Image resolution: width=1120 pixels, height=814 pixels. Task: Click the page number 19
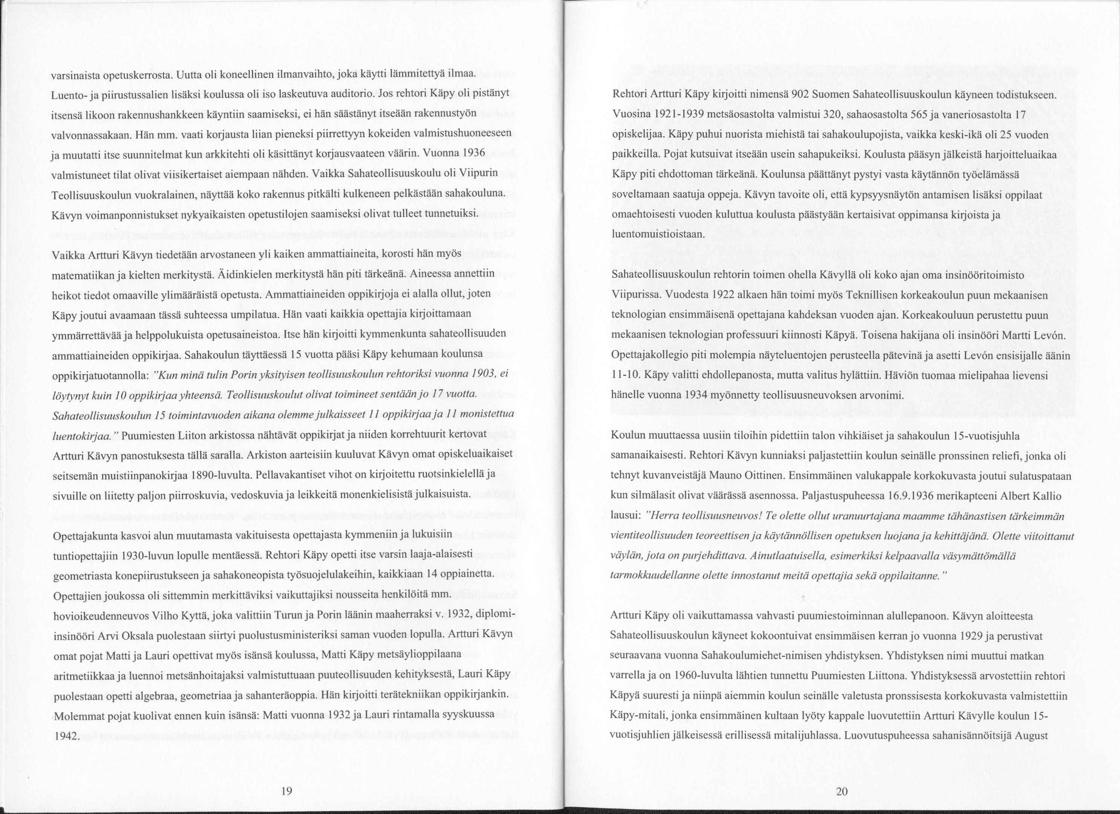click(x=286, y=791)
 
